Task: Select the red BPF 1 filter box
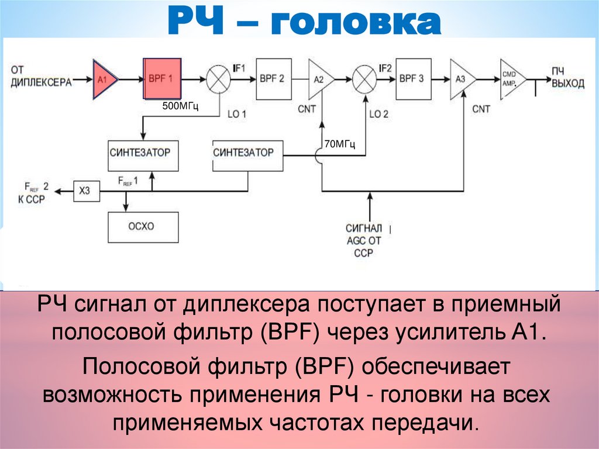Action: pos(162,80)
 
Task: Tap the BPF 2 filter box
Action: pos(273,79)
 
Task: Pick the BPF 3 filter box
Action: pos(412,78)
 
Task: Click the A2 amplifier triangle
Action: pos(320,79)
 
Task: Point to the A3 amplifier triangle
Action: pos(461,77)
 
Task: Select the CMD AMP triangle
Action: pos(511,77)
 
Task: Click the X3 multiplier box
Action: pos(86,190)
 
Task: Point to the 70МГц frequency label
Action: pos(340,143)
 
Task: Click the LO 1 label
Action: pos(237,114)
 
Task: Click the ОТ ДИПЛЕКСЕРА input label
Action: pos(40,77)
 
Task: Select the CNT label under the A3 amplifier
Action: pos(481,109)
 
